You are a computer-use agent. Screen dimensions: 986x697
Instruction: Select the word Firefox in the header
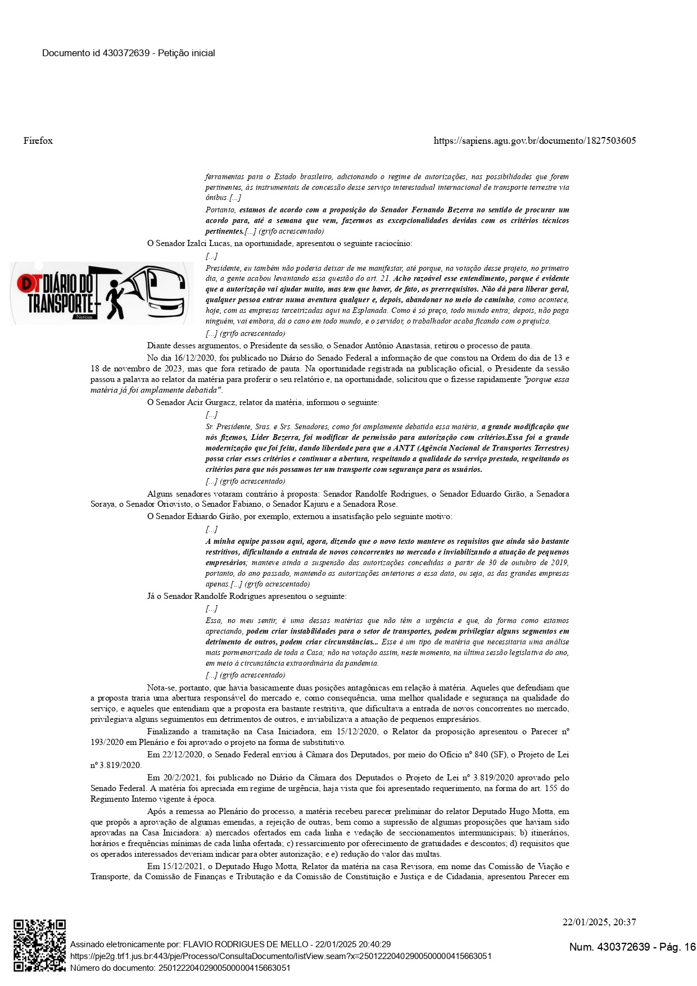38,140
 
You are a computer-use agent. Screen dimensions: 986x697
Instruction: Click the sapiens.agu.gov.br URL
535,140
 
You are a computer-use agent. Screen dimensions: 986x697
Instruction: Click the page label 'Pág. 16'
677,947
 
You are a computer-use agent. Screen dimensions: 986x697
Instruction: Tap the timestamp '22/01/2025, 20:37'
599,922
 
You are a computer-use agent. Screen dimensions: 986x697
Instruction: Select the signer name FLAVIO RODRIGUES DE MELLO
246,944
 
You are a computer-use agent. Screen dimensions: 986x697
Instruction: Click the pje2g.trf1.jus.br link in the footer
280,956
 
